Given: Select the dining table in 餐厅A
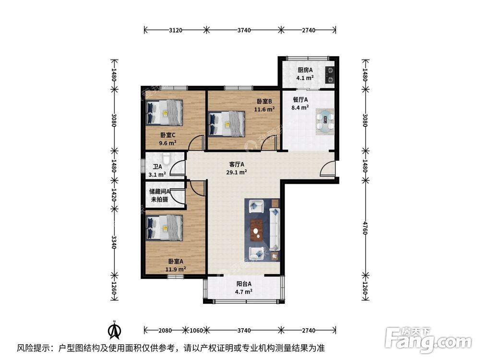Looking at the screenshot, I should tap(325, 120).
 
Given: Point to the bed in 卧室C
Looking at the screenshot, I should tap(165, 111).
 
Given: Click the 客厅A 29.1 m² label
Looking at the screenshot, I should tap(237, 168).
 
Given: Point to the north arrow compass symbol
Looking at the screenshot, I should tap(114, 330).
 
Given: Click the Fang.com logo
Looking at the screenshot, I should tap(429, 340).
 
